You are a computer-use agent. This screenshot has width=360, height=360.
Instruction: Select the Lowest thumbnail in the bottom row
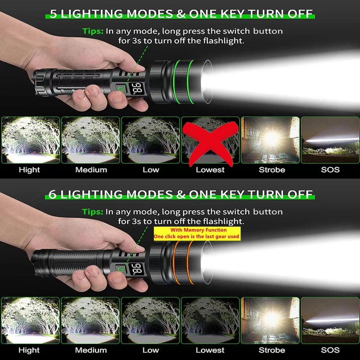pyautogui.click(x=210, y=320)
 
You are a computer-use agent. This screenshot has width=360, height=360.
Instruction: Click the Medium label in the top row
pyautogui.click(x=91, y=170)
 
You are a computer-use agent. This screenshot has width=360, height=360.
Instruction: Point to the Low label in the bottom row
pyautogui.click(x=150, y=350)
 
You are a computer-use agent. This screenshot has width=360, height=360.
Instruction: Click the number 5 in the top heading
pyautogui.click(x=53, y=14)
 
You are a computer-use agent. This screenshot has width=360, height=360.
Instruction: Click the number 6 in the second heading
pyautogui.click(x=53, y=194)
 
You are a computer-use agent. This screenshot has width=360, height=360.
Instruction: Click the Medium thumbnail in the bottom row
pyautogui.click(x=91, y=320)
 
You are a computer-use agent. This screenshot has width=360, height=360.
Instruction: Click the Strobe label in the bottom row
pyautogui.click(x=272, y=350)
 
